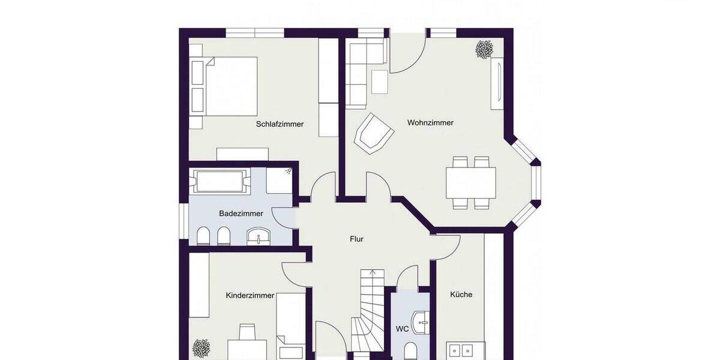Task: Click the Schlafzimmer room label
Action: coord(280,124)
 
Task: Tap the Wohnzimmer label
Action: coord(430,122)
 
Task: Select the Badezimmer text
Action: coord(241,213)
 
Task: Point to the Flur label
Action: coord(356,239)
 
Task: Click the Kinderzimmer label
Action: coord(250,295)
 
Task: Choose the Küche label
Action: coord(461,295)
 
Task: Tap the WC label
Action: coord(402,329)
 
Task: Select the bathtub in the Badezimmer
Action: coord(220,181)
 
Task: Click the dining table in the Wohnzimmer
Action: coord(470,182)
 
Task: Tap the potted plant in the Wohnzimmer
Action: coord(484,49)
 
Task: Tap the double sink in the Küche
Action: coord(466,350)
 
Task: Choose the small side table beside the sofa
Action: coord(379,82)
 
